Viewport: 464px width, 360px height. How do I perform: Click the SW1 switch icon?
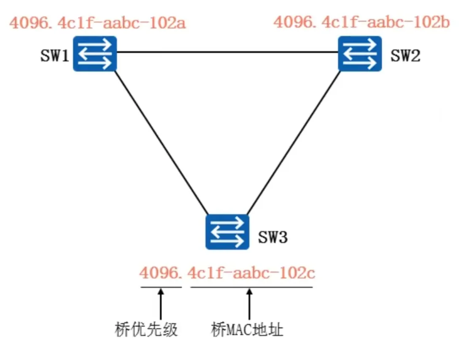click(x=95, y=53)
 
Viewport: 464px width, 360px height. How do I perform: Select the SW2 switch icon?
click(x=360, y=53)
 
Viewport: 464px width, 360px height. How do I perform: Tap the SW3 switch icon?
click(x=227, y=232)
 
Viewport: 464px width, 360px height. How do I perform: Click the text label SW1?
click(x=55, y=56)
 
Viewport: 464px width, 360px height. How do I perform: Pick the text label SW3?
click(x=273, y=237)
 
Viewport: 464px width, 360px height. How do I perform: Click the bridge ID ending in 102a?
click(x=97, y=22)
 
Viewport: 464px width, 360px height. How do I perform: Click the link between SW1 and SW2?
click(x=228, y=53)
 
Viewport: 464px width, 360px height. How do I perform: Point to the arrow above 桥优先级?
click(x=161, y=304)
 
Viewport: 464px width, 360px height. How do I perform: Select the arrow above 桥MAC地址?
click(x=250, y=304)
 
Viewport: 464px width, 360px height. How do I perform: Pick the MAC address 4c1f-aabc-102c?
click(x=251, y=273)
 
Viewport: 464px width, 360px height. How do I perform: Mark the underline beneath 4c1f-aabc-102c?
click(x=251, y=287)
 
